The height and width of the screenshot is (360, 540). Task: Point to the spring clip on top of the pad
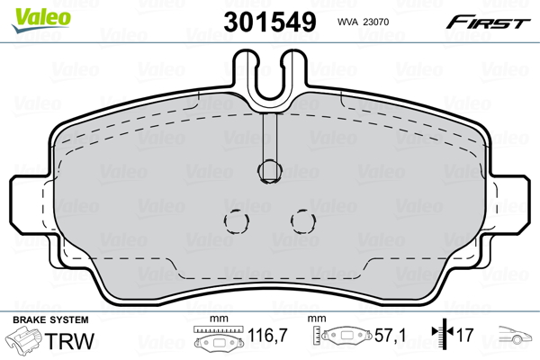point(267,79)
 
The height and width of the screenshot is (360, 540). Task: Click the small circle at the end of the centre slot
point(267,167)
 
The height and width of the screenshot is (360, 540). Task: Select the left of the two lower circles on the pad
point(237,220)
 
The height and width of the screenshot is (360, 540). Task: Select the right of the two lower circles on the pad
point(301,220)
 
